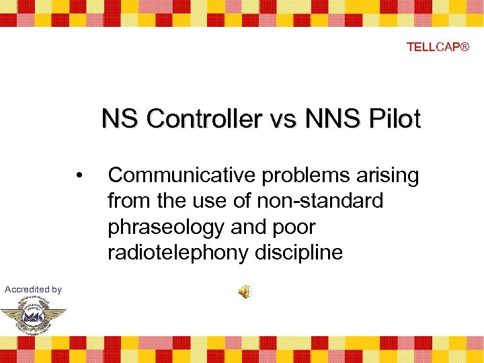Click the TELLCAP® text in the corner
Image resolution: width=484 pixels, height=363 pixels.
click(438, 47)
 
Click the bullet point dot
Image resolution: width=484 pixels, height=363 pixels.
click(80, 176)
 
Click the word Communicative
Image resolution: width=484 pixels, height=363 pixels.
click(182, 176)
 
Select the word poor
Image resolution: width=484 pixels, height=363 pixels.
click(292, 227)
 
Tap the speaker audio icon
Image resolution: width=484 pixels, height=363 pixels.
click(245, 291)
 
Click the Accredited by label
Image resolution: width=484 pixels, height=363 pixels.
click(33, 289)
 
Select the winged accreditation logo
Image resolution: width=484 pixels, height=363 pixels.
click(33, 316)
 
